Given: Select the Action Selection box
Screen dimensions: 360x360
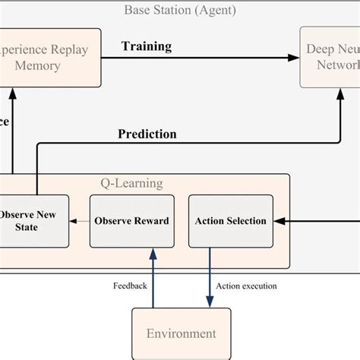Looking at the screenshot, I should [x=231, y=221].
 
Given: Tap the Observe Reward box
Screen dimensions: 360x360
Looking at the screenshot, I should [x=131, y=221].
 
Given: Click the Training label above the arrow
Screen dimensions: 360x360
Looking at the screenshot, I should [x=147, y=46].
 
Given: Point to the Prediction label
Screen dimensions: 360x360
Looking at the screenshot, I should [x=147, y=134].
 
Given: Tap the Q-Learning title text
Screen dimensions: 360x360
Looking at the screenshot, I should [x=131, y=183].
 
